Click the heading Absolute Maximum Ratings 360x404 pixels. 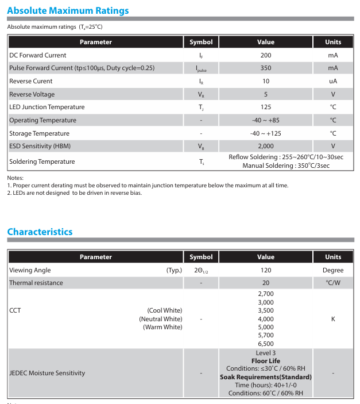pos(68,10)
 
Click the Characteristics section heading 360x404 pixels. pos(40,232)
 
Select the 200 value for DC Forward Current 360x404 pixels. pos(265,55)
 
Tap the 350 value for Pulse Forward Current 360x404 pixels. pos(265,68)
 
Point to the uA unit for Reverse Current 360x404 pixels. pos(333,81)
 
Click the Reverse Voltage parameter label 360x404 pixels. pos(32,94)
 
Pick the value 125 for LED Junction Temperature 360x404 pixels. pos(265,107)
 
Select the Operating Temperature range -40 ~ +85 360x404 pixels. pos(265,120)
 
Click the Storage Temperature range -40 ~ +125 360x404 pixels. pos(265,133)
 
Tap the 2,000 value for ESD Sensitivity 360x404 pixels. pos(265,146)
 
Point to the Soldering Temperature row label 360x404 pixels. pos(42,161)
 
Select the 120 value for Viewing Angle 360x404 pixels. pos(265,270)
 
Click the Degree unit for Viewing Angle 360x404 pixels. pos(333,270)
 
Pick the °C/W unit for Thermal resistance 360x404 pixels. pos(333,283)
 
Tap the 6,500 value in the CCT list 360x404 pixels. pos(265,344)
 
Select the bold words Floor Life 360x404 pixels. pos(265,361)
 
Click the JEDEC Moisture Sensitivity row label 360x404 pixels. pos(47,373)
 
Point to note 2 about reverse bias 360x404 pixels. pos(75,193)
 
